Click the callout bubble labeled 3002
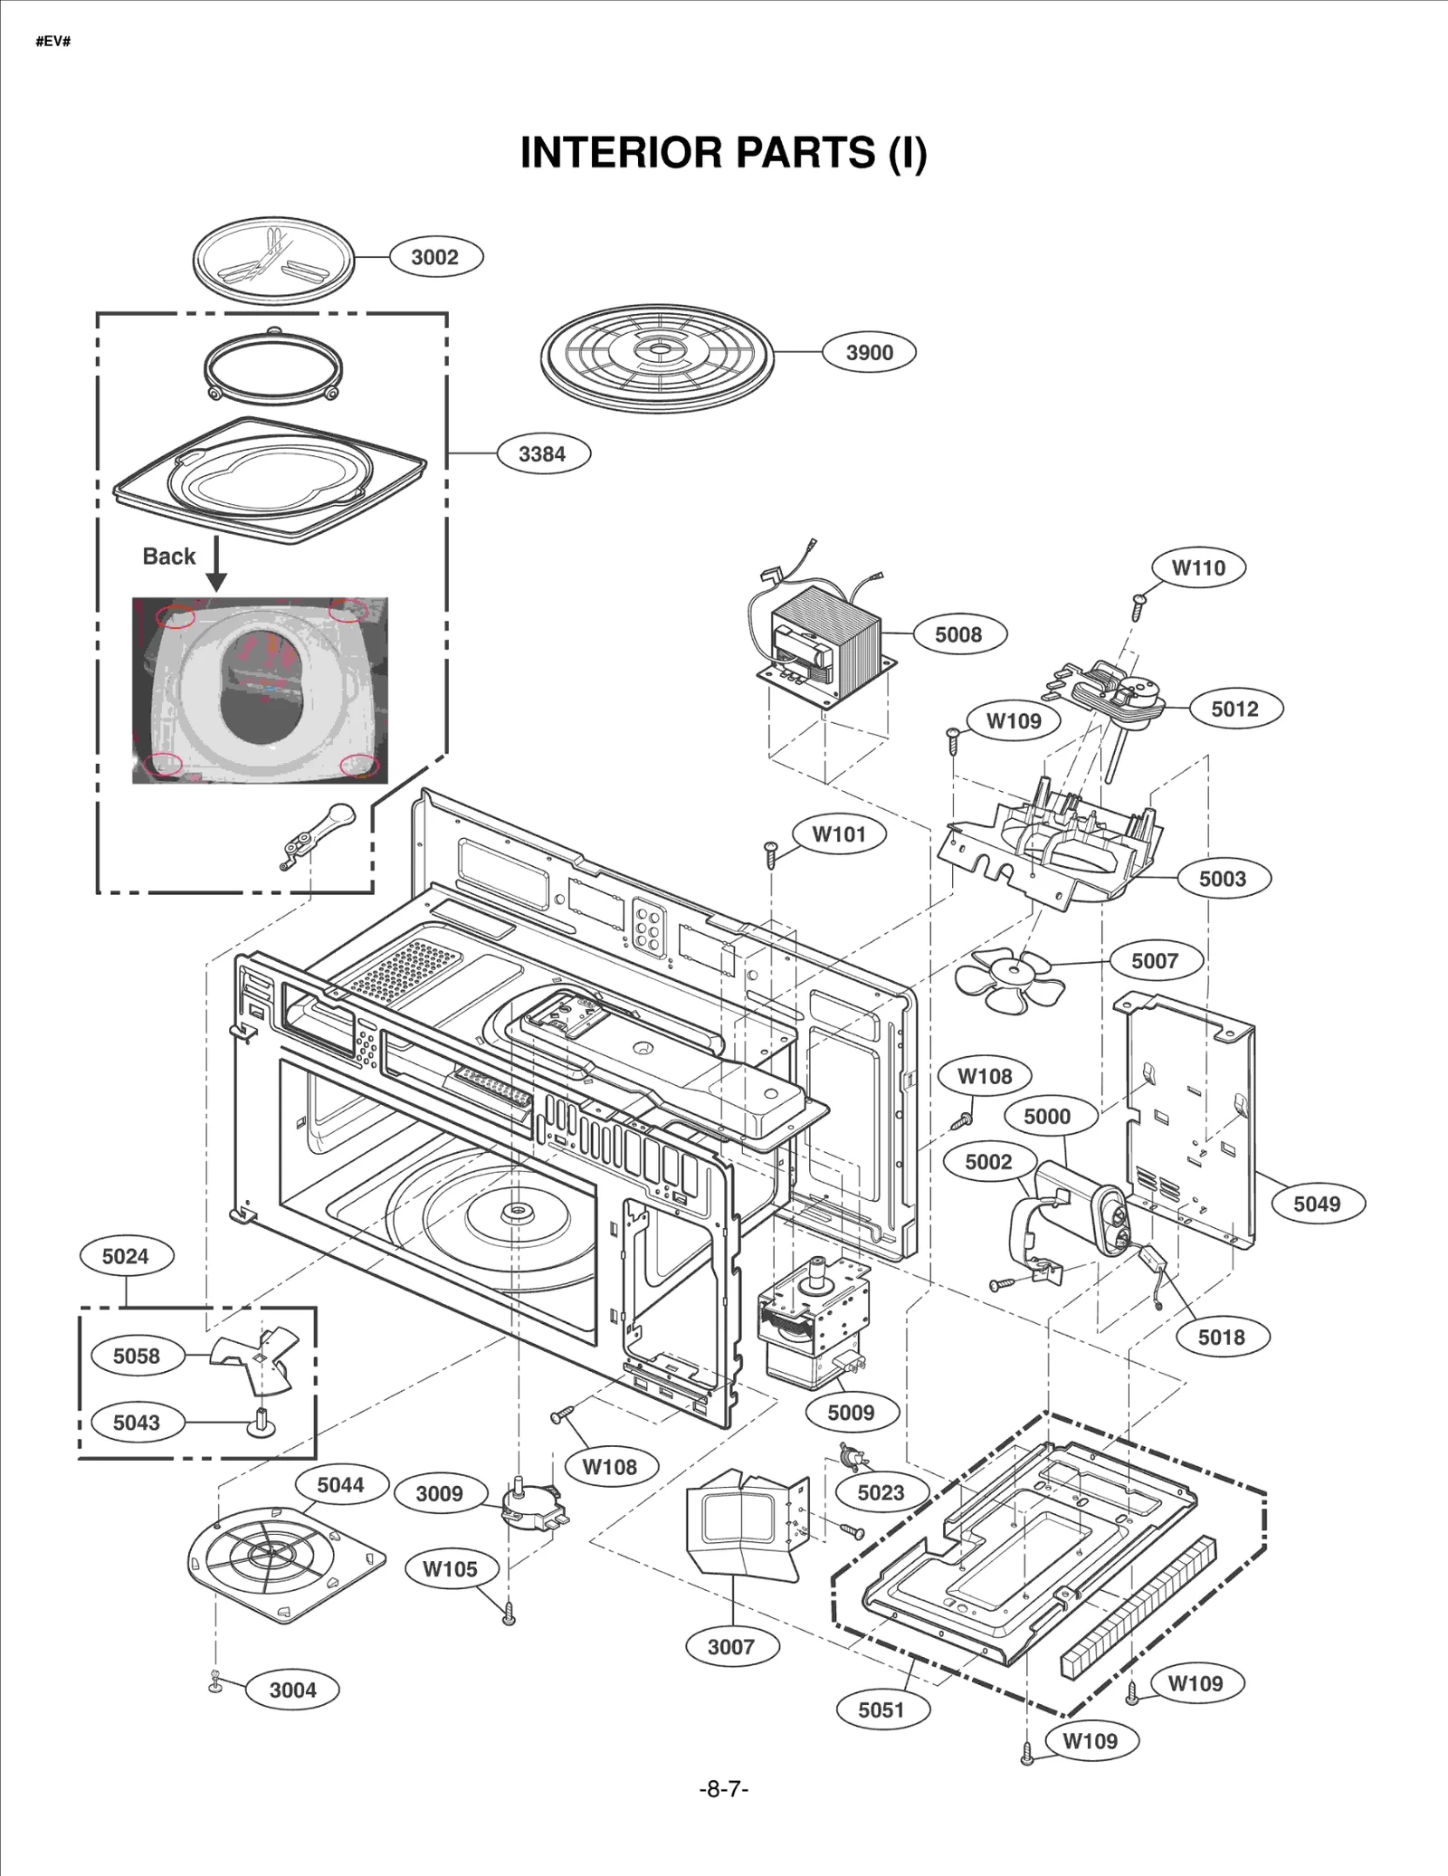point(435,257)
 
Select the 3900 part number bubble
point(868,353)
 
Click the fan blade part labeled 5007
point(1010,980)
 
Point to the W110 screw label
point(1198,568)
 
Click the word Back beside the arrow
point(168,557)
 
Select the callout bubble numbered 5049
point(1316,1204)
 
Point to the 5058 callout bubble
point(136,1356)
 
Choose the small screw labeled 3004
point(215,1681)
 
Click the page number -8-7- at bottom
point(723,1789)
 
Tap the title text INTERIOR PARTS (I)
point(723,152)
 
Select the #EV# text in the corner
point(53,42)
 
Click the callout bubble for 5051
point(881,1709)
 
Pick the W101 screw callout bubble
point(838,834)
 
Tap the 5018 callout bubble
point(1221,1338)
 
